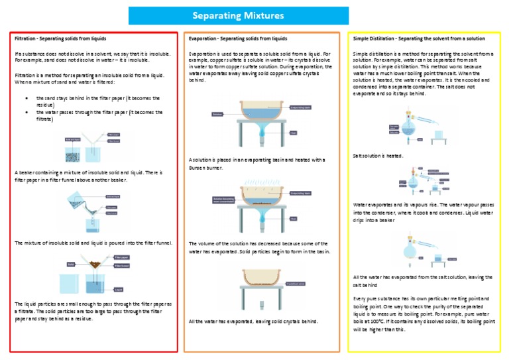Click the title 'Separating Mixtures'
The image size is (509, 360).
point(238,15)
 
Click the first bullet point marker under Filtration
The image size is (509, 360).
point(25,97)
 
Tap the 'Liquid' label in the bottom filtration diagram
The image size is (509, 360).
point(119,289)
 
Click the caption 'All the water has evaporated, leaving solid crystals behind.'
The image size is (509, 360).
point(254,322)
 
